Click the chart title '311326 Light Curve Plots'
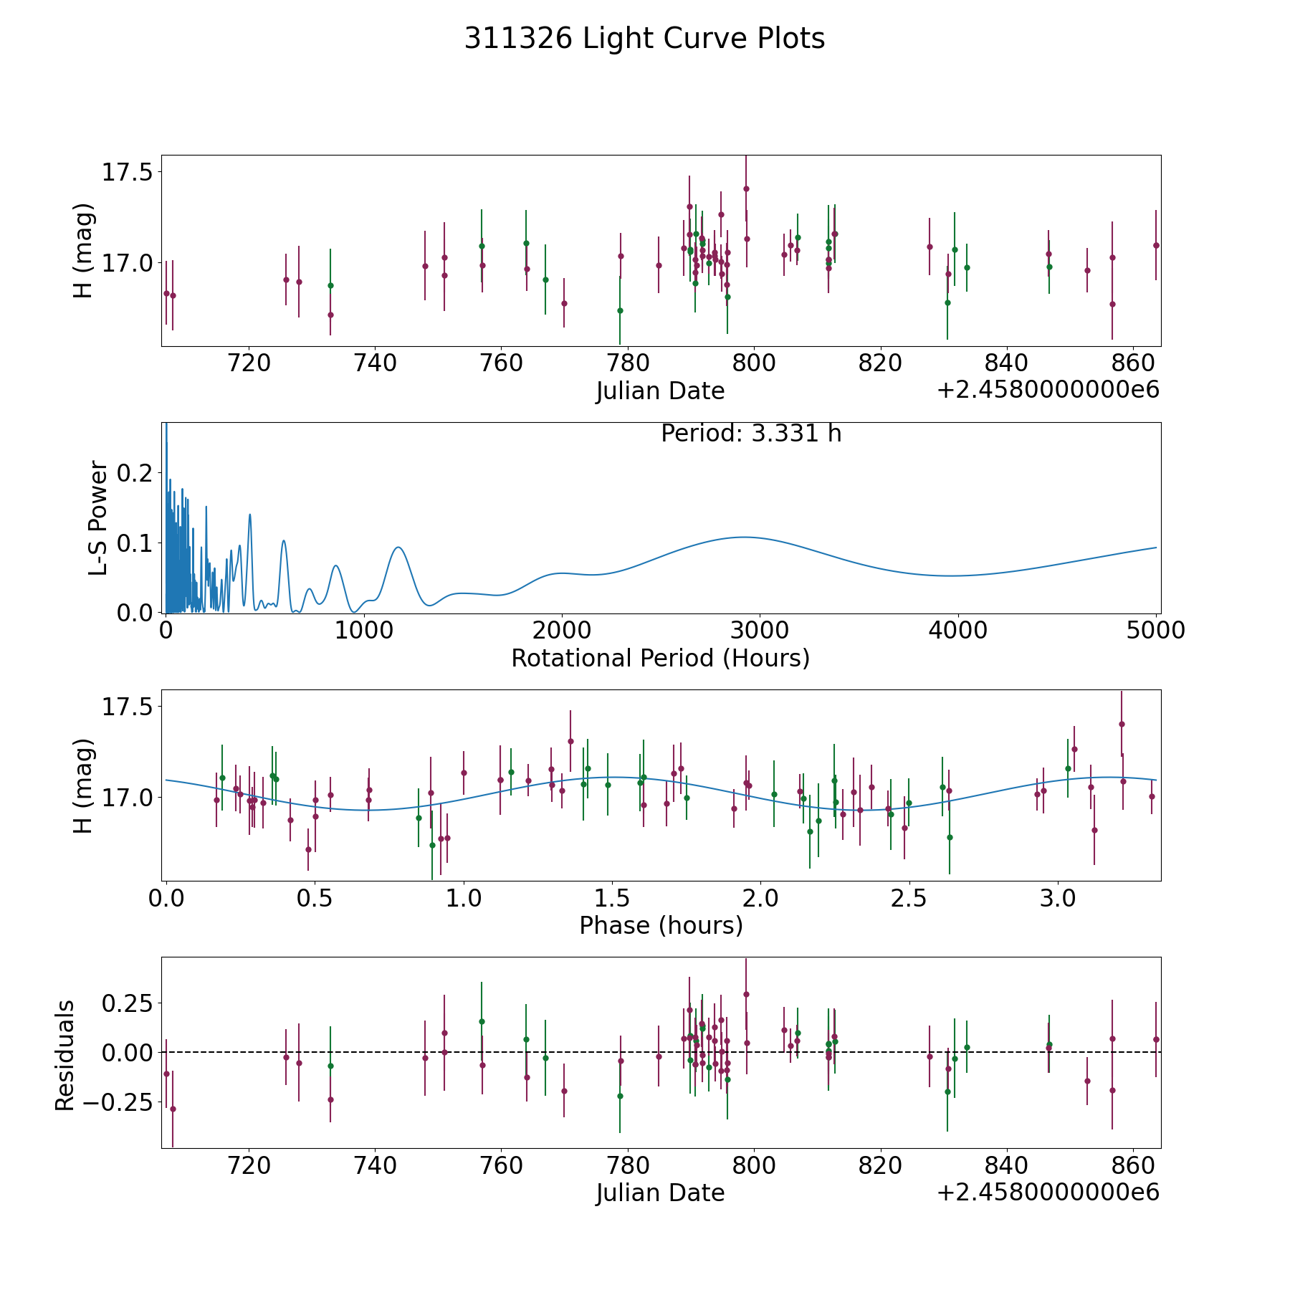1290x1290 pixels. tap(644, 39)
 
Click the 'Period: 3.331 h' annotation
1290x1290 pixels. tap(750, 434)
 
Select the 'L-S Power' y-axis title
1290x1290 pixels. tap(98, 517)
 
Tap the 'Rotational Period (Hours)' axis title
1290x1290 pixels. tap(660, 658)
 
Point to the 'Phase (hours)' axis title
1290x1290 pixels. tap(660, 925)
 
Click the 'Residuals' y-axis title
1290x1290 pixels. tap(65, 1055)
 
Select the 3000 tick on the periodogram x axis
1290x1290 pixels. tap(759, 631)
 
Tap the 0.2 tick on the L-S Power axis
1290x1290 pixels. tap(136, 473)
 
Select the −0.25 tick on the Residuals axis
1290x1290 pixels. tap(115, 1102)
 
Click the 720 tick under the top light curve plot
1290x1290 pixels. tap(249, 363)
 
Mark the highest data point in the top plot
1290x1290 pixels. tap(746, 189)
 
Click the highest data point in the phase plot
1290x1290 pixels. tap(1122, 724)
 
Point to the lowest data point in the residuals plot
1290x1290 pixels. tap(173, 1109)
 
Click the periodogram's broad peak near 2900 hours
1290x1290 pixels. tap(745, 537)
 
